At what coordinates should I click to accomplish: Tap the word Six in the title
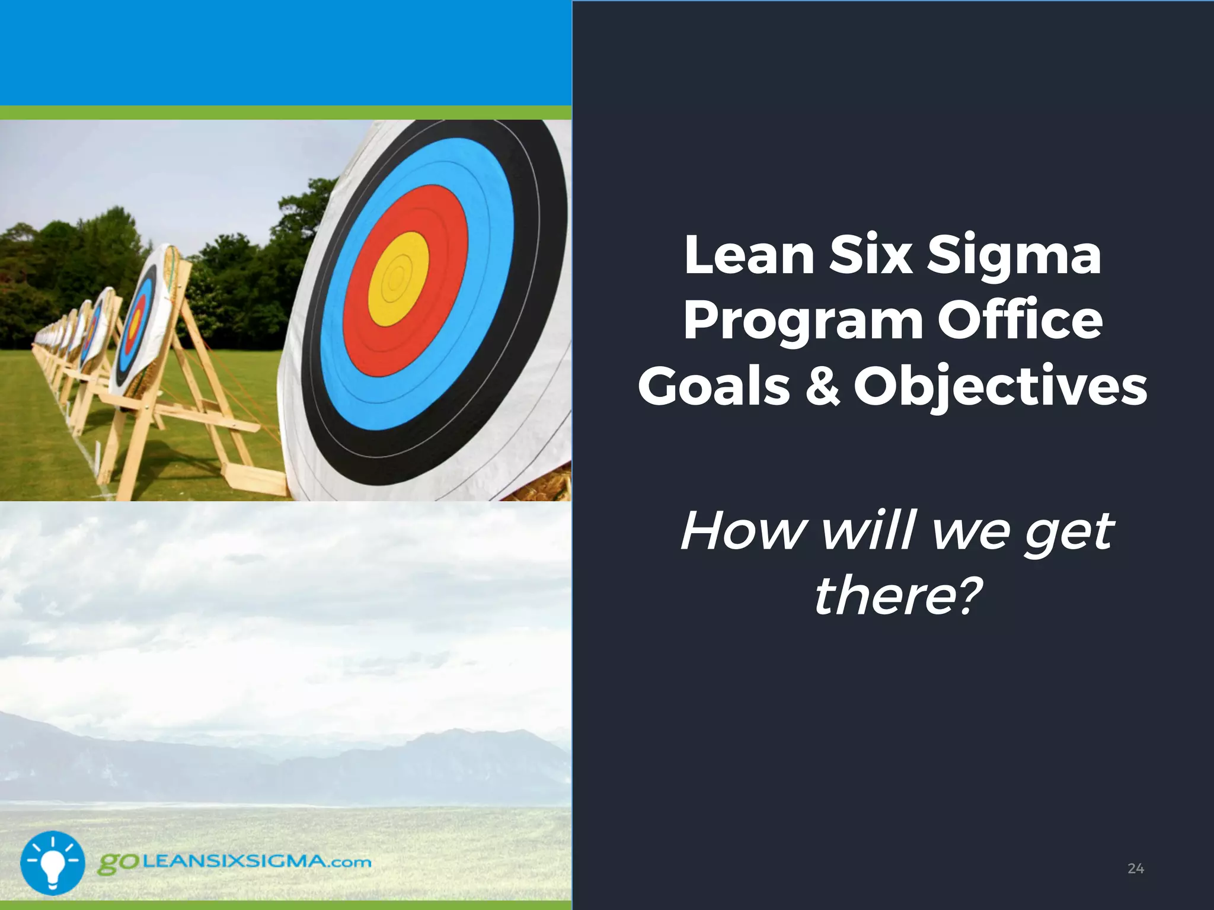[870, 256]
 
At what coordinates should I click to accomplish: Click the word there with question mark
[896, 596]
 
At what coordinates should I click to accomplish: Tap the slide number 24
[1135, 869]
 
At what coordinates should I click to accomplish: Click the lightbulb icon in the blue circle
[53, 863]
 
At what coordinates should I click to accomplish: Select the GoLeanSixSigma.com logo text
[235, 861]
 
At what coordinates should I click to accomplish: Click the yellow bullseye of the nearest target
[398, 278]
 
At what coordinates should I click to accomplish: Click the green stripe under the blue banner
[285, 113]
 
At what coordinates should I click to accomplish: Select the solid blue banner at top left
[285, 52]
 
